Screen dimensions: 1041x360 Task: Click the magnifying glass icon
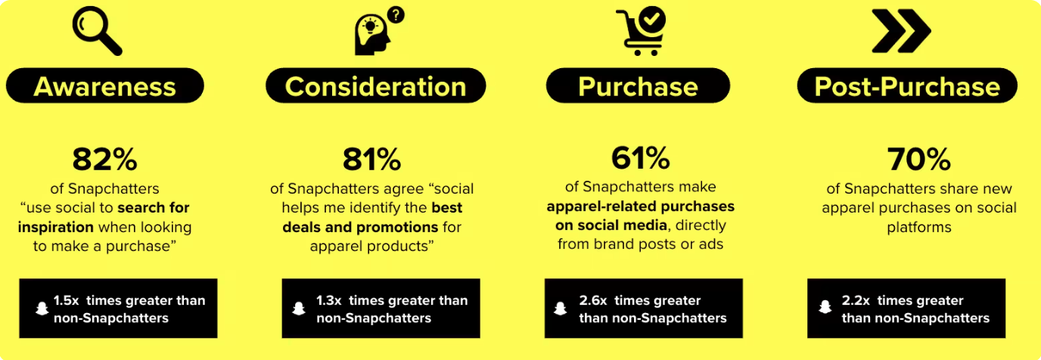click(97, 32)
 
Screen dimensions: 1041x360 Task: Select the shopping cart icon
click(641, 31)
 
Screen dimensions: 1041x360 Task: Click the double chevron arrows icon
click(901, 31)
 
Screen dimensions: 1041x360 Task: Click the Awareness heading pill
click(105, 85)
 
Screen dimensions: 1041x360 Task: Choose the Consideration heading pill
click(375, 85)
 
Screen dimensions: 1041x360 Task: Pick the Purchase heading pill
click(638, 85)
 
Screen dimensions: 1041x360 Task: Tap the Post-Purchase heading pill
click(907, 85)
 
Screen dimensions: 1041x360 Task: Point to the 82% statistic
click(104, 160)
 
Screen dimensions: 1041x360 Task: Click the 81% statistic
click(371, 160)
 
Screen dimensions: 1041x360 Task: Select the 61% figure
click(640, 158)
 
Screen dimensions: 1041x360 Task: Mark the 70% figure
click(918, 160)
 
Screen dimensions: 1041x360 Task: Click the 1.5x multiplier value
click(66, 300)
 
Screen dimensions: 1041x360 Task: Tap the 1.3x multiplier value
click(329, 300)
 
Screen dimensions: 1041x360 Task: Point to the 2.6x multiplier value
click(593, 300)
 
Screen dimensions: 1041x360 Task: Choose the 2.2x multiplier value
click(856, 300)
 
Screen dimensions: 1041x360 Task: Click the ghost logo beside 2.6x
click(561, 308)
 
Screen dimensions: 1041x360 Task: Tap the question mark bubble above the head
click(396, 15)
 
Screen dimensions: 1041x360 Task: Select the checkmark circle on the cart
click(651, 20)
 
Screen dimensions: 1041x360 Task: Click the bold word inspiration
click(56, 227)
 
